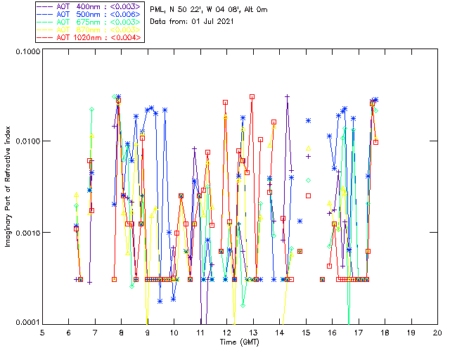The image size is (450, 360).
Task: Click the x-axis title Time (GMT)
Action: (240, 342)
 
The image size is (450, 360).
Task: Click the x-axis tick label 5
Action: (42, 332)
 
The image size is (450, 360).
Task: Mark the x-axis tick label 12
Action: (226, 332)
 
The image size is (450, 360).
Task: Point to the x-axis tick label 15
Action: (305, 332)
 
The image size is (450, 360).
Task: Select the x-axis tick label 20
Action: (437, 332)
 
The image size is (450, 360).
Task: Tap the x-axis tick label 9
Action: (148, 332)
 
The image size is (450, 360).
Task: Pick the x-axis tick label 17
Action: (358, 332)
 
